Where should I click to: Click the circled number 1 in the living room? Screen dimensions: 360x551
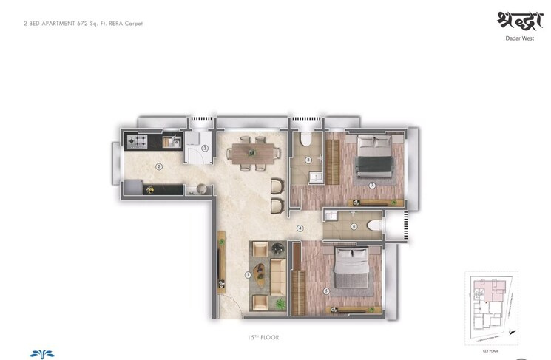(x=249, y=275)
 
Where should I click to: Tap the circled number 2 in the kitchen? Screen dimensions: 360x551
(x=159, y=166)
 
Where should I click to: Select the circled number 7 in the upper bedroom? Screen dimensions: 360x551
(x=373, y=185)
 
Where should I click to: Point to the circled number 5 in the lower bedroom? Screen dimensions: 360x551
(x=326, y=291)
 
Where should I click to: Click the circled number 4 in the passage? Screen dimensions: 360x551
(x=300, y=228)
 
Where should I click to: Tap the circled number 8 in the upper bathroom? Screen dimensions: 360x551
(x=308, y=160)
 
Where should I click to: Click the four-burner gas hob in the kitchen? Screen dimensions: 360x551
(x=138, y=139)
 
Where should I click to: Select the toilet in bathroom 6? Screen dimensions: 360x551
(x=374, y=226)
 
